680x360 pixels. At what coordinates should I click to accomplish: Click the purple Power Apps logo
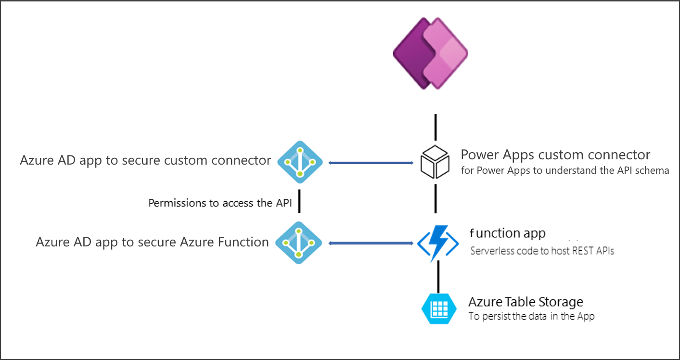[x=431, y=53]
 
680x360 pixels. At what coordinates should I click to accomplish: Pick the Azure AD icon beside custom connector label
[x=299, y=160]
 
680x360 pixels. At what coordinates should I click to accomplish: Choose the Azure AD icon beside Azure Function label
[x=298, y=243]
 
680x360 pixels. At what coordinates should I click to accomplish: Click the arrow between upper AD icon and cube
[x=371, y=163]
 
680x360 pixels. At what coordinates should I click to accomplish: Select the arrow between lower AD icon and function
[x=371, y=244]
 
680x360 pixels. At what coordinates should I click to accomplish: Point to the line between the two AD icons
[x=299, y=201]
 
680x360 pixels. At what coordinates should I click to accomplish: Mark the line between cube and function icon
[x=436, y=198]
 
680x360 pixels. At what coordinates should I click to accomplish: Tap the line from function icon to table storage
[x=438, y=277]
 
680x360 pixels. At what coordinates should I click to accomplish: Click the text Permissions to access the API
[x=220, y=203]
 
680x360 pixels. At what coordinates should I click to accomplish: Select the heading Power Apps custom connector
[x=555, y=155]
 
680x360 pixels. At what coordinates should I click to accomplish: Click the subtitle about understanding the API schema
[x=565, y=170]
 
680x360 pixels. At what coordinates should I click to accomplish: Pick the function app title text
[x=507, y=233]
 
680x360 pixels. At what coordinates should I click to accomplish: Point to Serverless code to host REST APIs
[x=542, y=251]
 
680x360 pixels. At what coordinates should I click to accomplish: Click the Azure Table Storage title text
[x=526, y=302]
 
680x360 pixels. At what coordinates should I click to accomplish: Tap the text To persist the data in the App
[x=531, y=316]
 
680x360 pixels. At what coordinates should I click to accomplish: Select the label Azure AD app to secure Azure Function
[x=152, y=242]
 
